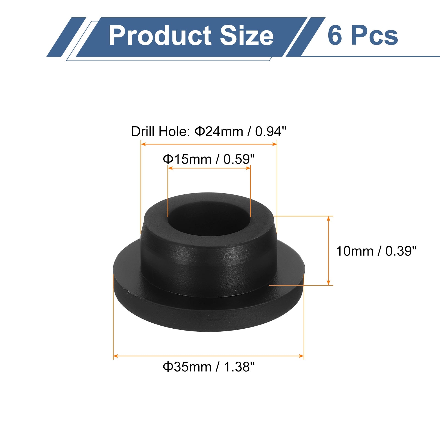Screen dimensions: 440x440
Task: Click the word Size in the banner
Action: [x=247, y=35]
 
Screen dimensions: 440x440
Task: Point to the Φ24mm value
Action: [x=219, y=131]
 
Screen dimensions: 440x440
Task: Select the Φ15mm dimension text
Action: [x=187, y=159]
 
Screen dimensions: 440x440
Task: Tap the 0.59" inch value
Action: [x=239, y=159]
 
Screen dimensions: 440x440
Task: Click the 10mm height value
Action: [x=355, y=251]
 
